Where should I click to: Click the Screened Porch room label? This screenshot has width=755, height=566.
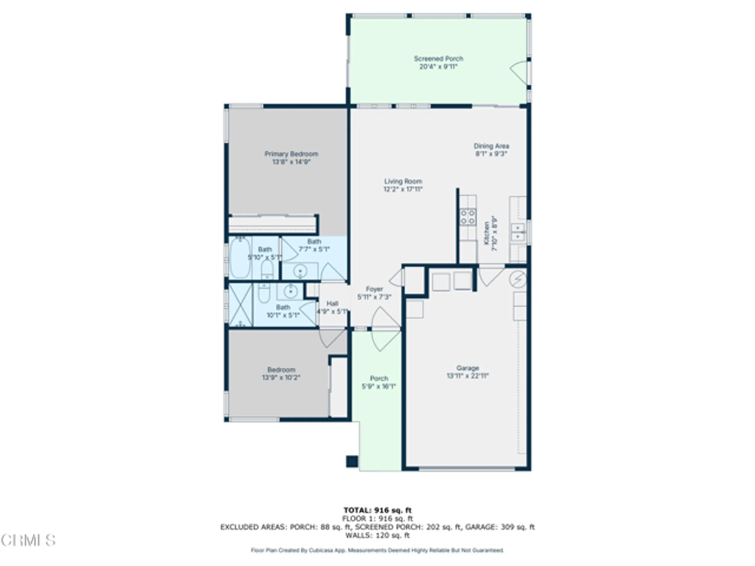pos(438,59)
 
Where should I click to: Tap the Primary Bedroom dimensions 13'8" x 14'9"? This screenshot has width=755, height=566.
pos(291,162)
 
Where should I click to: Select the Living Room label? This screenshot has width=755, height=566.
pos(403,181)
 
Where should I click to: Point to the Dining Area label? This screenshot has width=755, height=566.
pos(491,146)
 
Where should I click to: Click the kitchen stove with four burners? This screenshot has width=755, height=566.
pos(468,217)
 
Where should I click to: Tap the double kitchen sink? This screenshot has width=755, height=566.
pos(517,232)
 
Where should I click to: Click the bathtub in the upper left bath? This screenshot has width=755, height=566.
pos(240,258)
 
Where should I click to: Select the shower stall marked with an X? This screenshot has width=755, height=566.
pos(240,305)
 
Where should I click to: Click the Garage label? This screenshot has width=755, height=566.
pos(467,368)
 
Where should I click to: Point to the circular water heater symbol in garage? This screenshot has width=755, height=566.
pos(517,279)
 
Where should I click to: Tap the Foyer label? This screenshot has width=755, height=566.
pos(374,289)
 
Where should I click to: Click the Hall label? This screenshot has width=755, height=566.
pos(332,303)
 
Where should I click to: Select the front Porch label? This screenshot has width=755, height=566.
pos(379,378)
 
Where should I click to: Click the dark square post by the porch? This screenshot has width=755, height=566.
pos(352,461)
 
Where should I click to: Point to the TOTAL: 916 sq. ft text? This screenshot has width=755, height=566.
pos(377,511)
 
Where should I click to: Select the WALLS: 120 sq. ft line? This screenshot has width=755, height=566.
pos(377,535)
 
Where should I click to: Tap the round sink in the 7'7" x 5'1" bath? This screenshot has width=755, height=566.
pos(300,271)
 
